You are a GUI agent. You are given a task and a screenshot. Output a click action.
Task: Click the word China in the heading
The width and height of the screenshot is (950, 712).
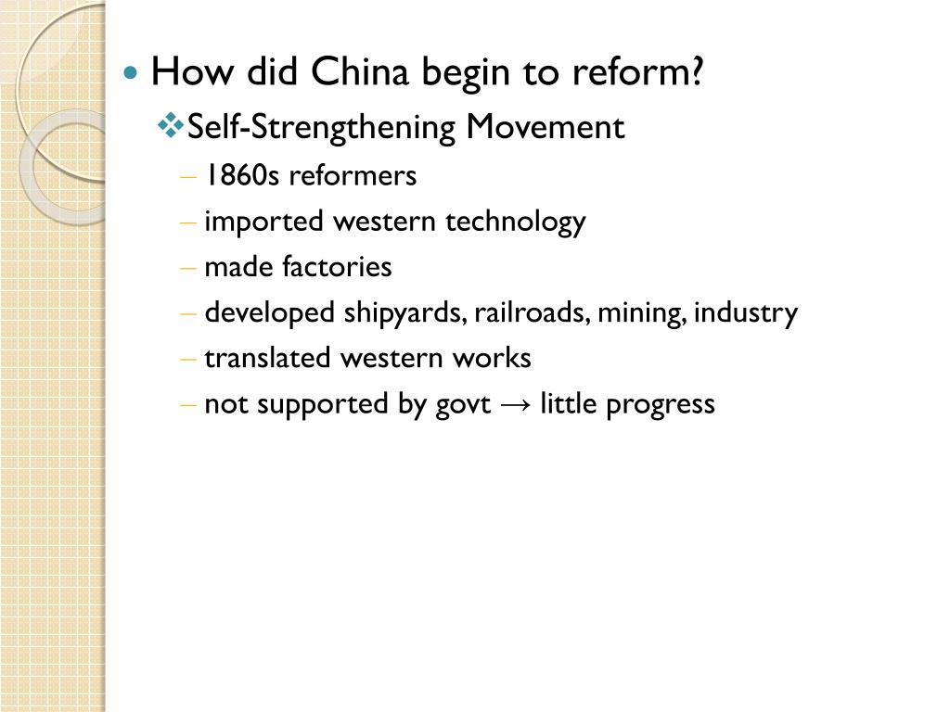tap(358, 72)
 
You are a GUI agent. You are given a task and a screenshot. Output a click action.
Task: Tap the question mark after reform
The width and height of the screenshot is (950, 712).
tap(696, 72)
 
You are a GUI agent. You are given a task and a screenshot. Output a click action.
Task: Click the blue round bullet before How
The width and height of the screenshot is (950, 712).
tap(132, 72)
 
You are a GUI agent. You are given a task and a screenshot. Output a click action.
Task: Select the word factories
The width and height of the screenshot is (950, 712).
tap(337, 267)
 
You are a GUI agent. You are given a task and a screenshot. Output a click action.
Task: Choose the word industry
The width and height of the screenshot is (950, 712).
tap(746, 313)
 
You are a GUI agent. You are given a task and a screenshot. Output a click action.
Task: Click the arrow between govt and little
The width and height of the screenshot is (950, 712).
tap(515, 405)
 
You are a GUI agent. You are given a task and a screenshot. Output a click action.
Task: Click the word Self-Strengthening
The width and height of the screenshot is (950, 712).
tap(321, 126)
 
